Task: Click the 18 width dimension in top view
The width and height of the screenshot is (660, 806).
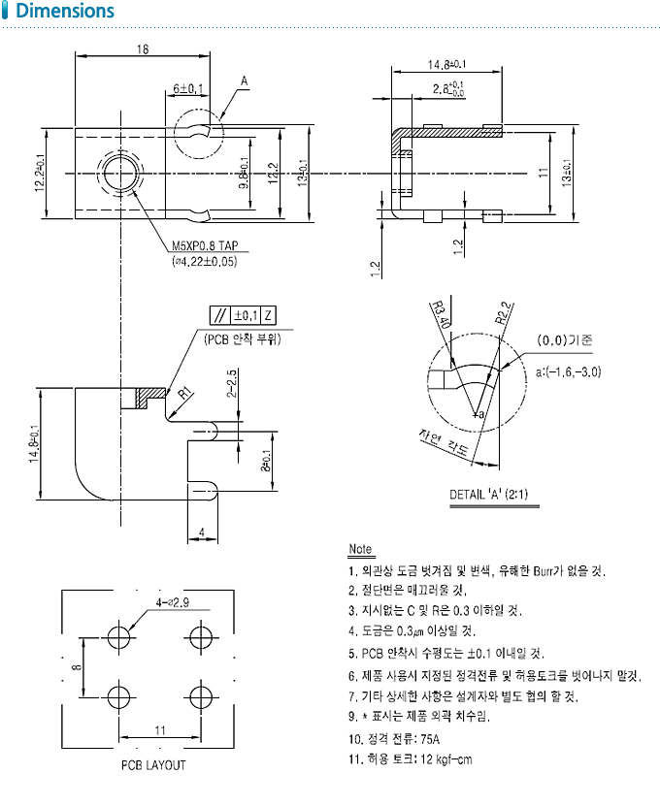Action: [x=144, y=48]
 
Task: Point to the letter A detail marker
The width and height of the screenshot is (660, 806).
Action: [x=245, y=80]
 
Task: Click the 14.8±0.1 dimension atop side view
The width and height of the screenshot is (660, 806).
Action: [x=445, y=65]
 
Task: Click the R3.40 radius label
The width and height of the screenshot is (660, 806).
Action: [x=439, y=313]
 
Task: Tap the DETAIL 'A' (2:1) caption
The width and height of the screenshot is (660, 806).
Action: [x=488, y=494]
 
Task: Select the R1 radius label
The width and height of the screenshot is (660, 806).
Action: [x=181, y=392]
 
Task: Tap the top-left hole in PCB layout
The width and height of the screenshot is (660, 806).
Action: [x=119, y=637]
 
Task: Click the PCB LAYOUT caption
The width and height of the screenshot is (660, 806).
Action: [x=153, y=764]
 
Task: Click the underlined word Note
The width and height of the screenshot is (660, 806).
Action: [x=360, y=550]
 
